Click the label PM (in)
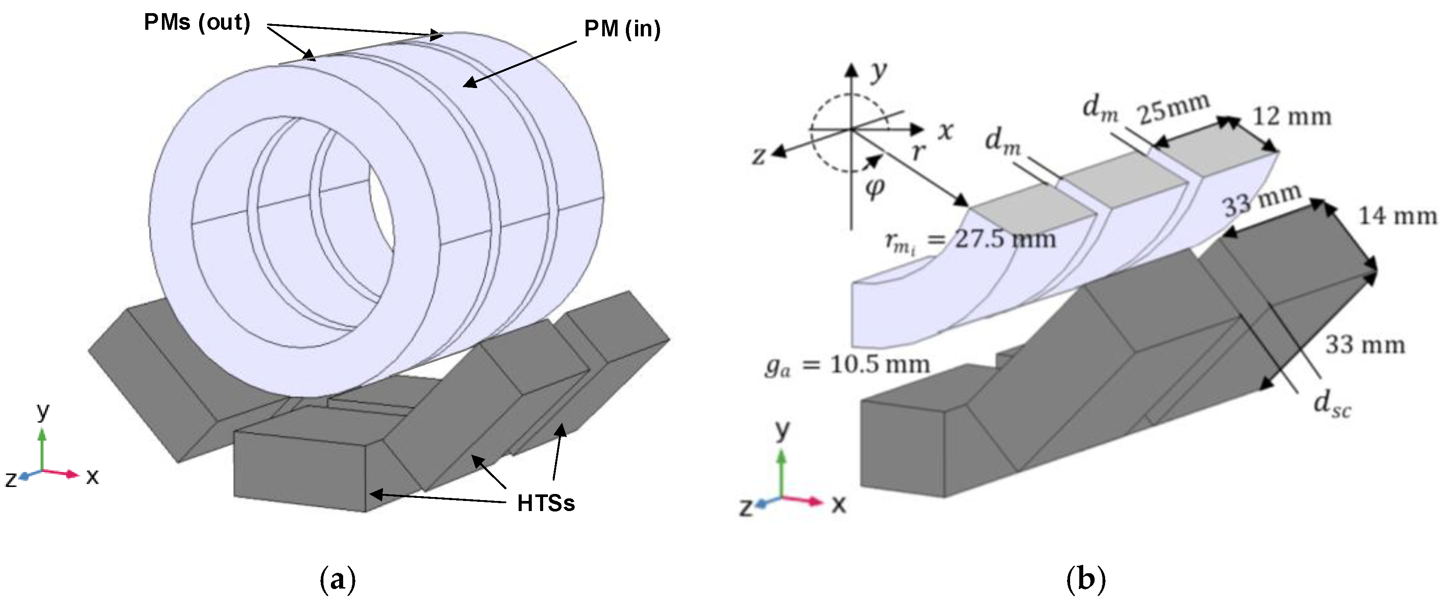pyautogui.click(x=622, y=29)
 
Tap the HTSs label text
pyautogui.click(x=546, y=503)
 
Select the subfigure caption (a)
pyautogui.click(x=337, y=579)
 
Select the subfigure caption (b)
pyautogui.click(x=1085, y=579)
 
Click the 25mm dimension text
pyautogui.click(x=1173, y=109)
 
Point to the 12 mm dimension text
pyautogui.click(x=1292, y=117)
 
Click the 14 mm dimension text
pyautogui.click(x=1397, y=216)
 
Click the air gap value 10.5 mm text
pyautogui.click(x=879, y=365)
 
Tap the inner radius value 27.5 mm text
pyautogui.click(x=1005, y=239)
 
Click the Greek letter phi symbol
pyautogui.click(x=874, y=188)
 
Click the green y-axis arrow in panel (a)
pyautogui.click(x=42, y=443)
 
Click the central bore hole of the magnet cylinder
pyautogui.click(x=381, y=224)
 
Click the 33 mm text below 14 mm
pyautogui.click(x=1365, y=345)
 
